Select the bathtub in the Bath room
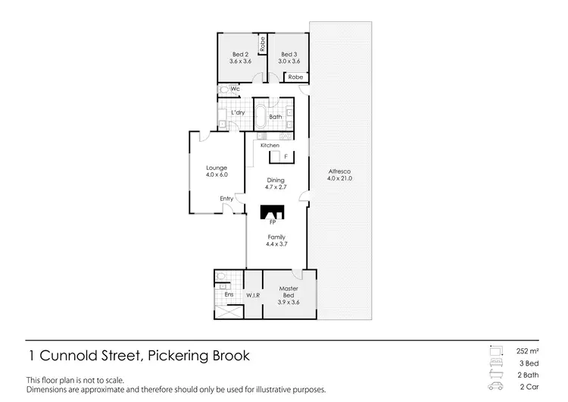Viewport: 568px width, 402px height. (x=260, y=118)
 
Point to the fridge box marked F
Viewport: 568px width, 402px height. (x=286, y=156)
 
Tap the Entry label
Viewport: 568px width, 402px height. (x=226, y=199)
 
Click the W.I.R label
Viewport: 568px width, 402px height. (x=252, y=294)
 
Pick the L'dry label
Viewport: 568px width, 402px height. (x=238, y=113)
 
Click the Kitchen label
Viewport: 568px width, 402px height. (x=270, y=145)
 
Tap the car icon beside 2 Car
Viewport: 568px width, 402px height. (x=497, y=386)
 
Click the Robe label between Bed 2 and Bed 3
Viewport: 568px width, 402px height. (x=262, y=43)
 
